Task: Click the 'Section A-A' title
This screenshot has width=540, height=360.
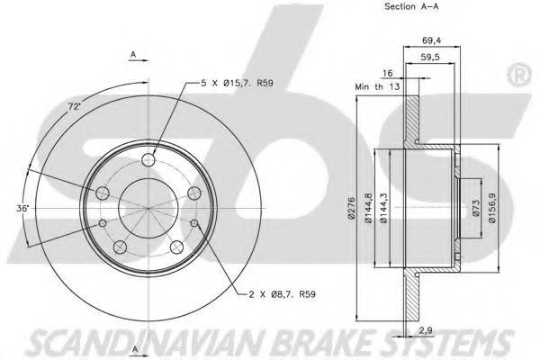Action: tap(411, 6)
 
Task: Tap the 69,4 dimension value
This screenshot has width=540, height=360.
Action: tap(431, 40)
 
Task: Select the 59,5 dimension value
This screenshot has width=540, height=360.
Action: tap(430, 58)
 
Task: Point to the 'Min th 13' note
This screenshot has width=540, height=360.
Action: tap(377, 86)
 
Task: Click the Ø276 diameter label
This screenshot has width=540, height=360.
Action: tap(351, 208)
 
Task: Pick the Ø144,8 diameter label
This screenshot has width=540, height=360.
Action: tap(368, 208)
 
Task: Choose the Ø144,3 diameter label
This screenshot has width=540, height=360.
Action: tap(384, 208)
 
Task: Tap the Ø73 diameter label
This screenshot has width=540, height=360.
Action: tap(475, 208)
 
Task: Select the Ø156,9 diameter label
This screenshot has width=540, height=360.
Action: tap(492, 208)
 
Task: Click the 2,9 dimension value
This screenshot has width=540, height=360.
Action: tap(426, 331)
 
